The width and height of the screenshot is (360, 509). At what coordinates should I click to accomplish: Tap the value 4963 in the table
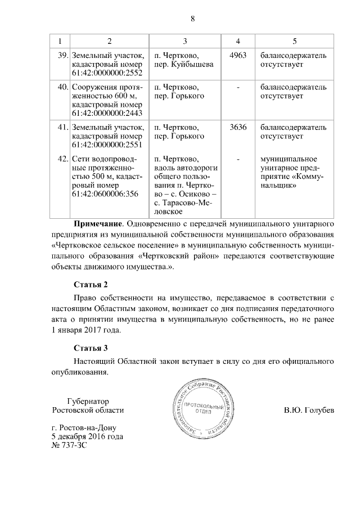point(238,55)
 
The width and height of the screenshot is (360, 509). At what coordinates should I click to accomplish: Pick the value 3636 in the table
point(238,127)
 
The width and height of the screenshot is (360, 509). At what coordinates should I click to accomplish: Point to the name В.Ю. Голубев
point(309,410)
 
